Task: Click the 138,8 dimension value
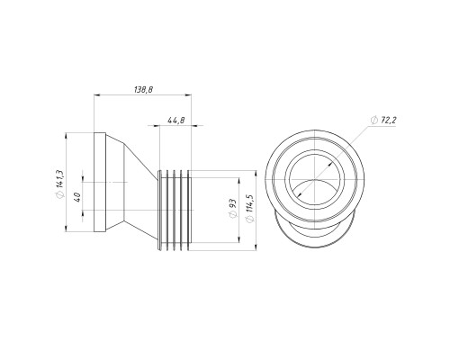[144, 89]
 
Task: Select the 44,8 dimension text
[176, 121]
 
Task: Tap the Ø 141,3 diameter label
[59, 184]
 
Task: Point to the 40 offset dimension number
[77, 197]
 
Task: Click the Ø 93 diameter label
[233, 209]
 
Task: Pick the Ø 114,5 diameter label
[249, 209]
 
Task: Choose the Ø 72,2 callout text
[383, 121]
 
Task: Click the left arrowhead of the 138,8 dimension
[97, 95]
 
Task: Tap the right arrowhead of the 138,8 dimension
[188, 95]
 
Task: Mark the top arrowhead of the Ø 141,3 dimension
[66, 135]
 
